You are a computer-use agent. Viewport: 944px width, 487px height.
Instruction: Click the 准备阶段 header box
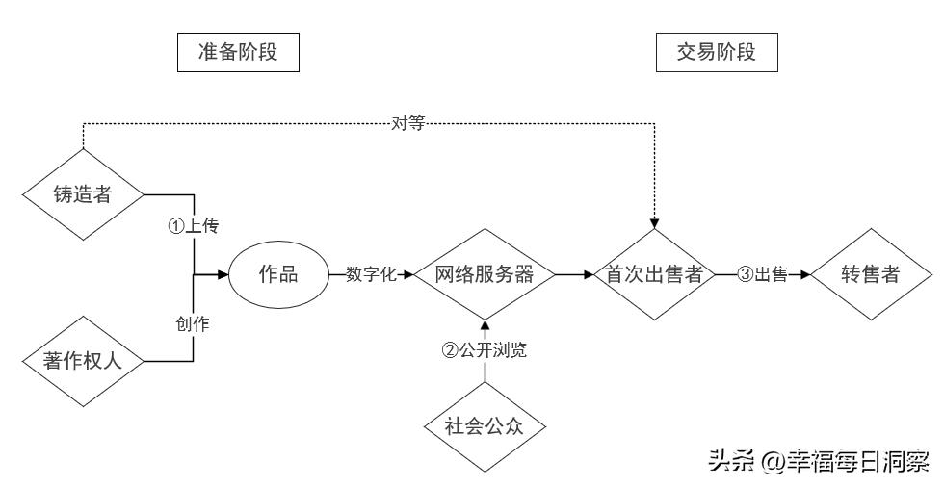pyautogui.click(x=237, y=53)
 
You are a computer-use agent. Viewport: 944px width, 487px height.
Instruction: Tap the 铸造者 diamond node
pyautogui.click(x=82, y=194)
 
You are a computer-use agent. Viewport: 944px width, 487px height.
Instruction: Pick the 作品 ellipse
pyautogui.click(x=279, y=274)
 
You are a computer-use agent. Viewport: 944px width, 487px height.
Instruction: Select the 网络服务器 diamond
pyautogui.click(x=485, y=274)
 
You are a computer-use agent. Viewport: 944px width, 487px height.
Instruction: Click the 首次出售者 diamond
pyautogui.click(x=654, y=274)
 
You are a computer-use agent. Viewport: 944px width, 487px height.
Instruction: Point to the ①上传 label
pyautogui.click(x=194, y=226)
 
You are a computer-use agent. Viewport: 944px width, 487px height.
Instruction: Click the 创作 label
pyautogui.click(x=194, y=324)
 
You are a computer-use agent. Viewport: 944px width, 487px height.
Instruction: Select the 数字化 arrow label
pyautogui.click(x=371, y=274)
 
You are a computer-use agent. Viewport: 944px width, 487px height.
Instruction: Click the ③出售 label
pyautogui.click(x=762, y=274)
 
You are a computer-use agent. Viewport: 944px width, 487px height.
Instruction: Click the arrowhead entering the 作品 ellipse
pyautogui.click(x=223, y=274)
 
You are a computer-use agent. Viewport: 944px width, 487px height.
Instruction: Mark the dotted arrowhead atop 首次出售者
pyautogui.click(x=654, y=223)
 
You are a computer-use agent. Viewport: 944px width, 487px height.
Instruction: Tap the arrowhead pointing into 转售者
pyautogui.click(x=805, y=274)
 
